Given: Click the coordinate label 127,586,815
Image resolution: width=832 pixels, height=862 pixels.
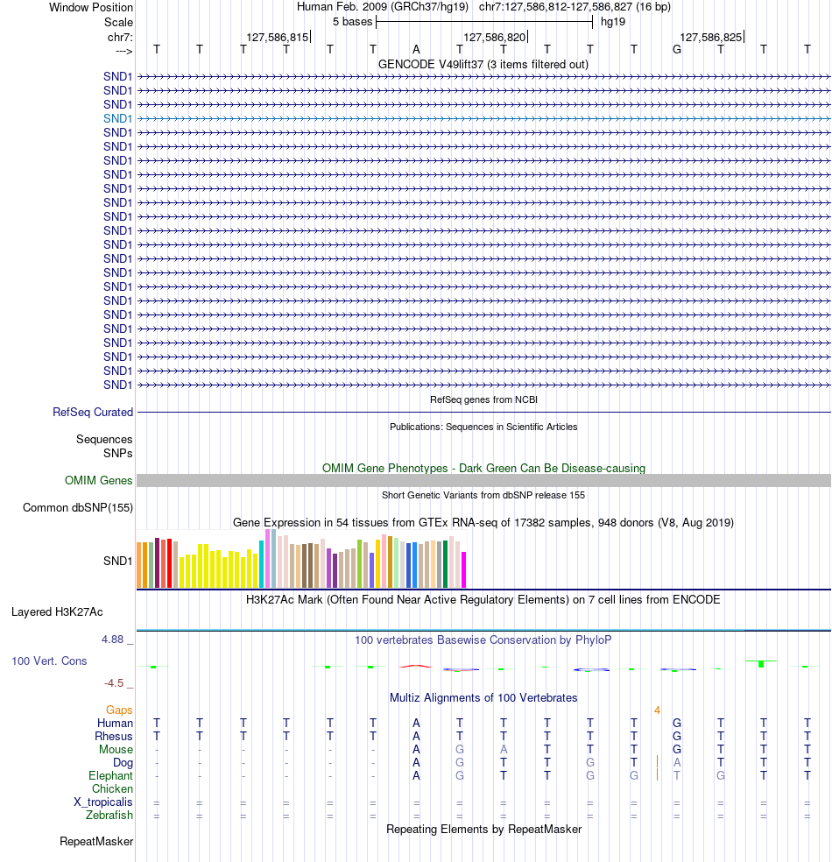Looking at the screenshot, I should (x=278, y=38).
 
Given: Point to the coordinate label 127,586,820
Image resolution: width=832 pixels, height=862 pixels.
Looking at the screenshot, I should (x=495, y=38).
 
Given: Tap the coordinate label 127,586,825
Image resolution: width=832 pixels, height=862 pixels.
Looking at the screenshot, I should (x=711, y=38).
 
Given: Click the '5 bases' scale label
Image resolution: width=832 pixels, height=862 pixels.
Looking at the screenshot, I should (x=352, y=21).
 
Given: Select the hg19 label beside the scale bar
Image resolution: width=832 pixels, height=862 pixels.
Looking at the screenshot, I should (x=612, y=21).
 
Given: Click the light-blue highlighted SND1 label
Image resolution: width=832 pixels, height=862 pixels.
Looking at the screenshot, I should (x=117, y=118).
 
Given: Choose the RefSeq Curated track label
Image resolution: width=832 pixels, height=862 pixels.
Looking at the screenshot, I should (x=93, y=412).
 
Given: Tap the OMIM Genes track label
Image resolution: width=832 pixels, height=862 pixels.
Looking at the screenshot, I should (x=99, y=480).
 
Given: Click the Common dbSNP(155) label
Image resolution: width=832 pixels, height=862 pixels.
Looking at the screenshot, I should (x=78, y=507).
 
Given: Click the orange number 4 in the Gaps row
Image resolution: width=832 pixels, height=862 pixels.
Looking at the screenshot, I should (x=657, y=710).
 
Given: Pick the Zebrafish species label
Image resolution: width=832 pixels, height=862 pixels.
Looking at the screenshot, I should (x=109, y=816).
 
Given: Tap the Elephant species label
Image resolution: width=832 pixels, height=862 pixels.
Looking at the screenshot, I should (x=110, y=776).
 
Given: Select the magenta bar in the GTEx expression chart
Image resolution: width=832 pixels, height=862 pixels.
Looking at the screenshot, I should (x=464, y=569).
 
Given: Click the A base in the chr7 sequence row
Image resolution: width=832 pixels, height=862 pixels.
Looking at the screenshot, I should (x=417, y=49).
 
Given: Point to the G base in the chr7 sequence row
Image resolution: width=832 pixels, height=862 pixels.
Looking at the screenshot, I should (x=677, y=49).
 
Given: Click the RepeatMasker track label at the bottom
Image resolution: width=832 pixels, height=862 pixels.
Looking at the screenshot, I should (x=96, y=842).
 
